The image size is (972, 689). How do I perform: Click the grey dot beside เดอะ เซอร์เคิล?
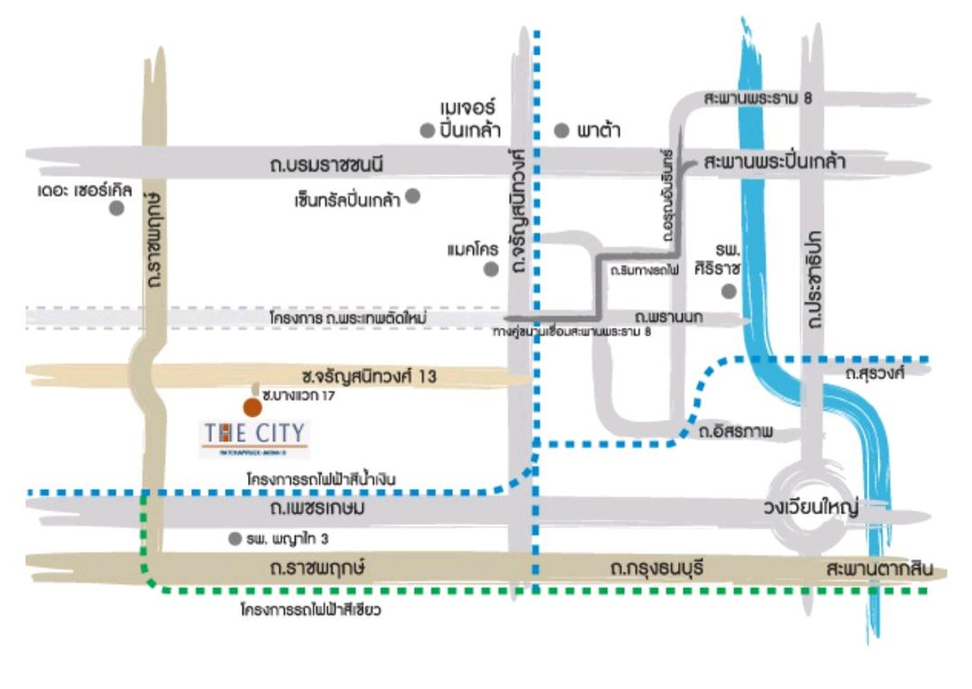tap(117, 208)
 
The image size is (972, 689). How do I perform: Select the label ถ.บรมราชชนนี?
tap(325, 165)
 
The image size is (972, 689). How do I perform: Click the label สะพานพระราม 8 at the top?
tap(757, 99)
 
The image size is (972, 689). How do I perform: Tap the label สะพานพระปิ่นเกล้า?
tap(774, 162)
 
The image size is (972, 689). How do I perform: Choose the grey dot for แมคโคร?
tap(491, 270)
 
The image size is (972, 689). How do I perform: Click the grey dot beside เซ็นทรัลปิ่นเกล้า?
tap(412, 195)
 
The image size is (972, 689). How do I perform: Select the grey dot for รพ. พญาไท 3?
tap(235, 538)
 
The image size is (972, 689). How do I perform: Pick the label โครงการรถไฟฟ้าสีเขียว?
tap(310, 610)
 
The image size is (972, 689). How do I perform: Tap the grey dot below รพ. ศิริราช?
tap(729, 291)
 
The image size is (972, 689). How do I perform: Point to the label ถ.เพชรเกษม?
tap(318, 509)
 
